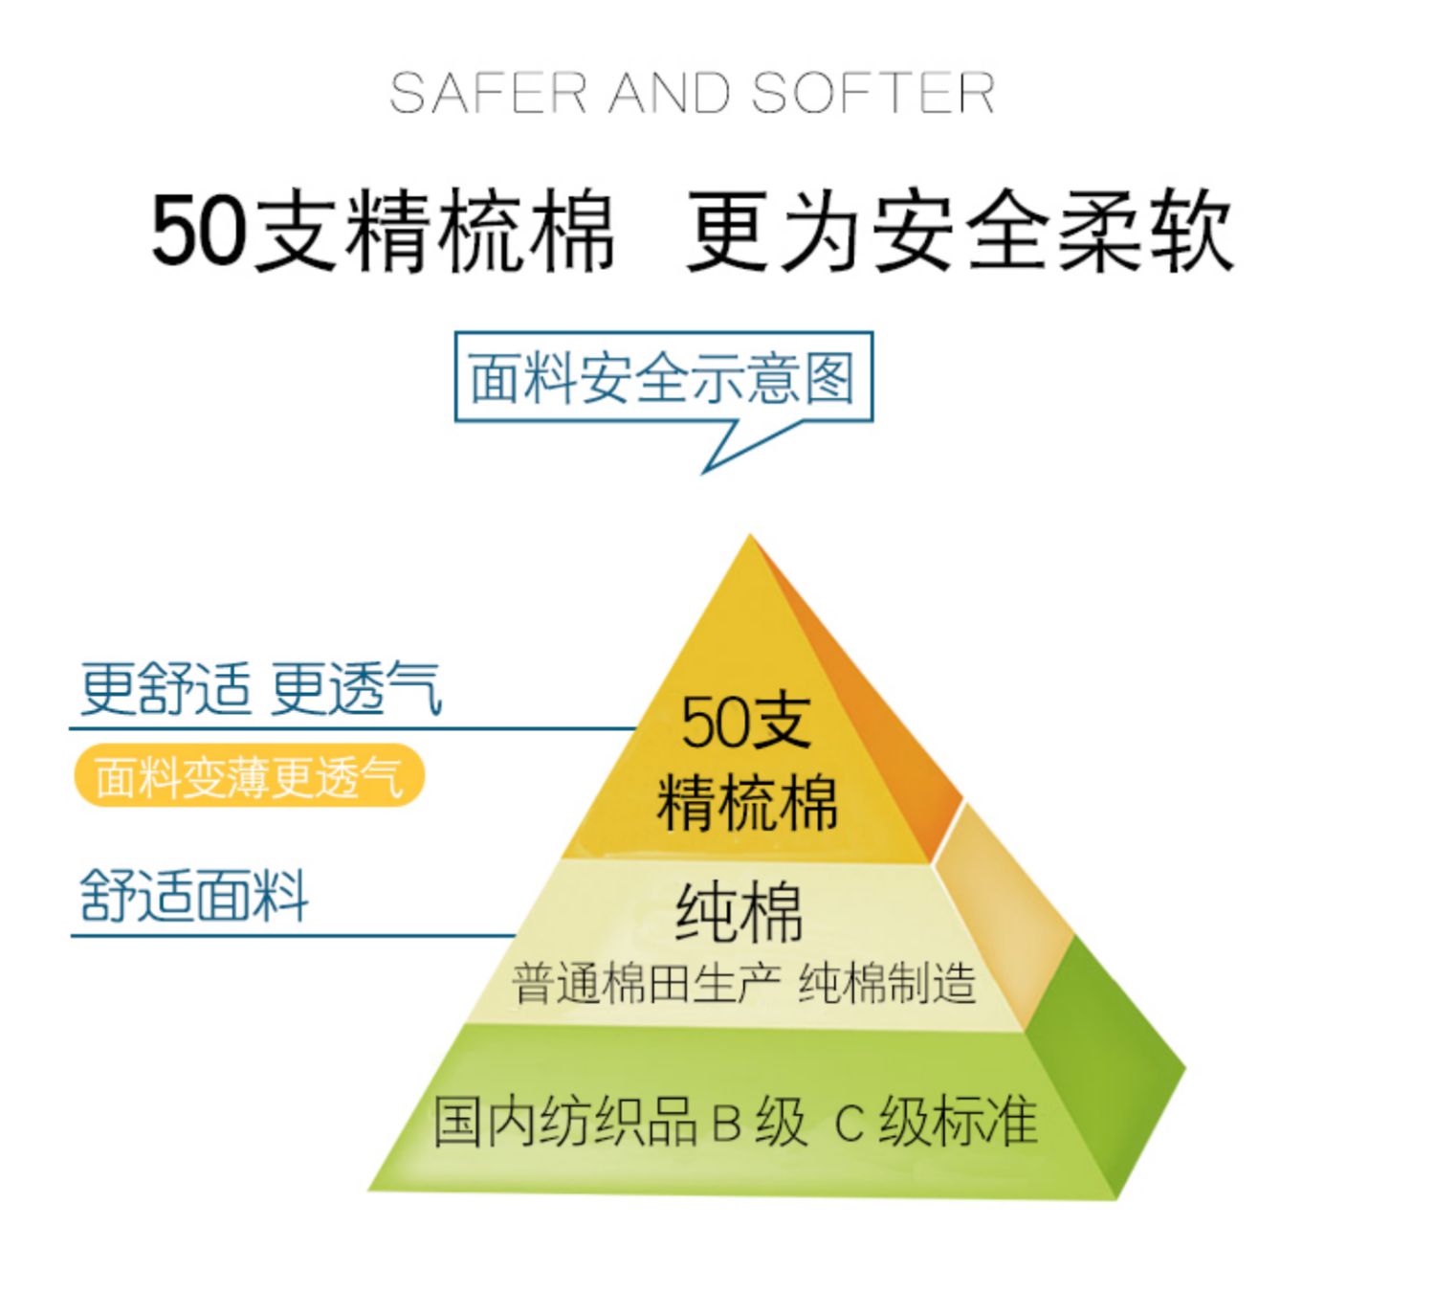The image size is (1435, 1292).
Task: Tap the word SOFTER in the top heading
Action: [x=872, y=94]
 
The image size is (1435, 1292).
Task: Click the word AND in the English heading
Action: [x=670, y=94]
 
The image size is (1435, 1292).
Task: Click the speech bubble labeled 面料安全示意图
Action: [x=663, y=377]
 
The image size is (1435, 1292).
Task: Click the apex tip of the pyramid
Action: [x=750, y=542]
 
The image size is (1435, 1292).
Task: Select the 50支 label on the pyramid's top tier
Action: [x=746, y=722]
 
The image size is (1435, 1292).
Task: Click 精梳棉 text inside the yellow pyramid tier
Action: [x=746, y=802]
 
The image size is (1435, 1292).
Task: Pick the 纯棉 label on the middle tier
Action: [x=739, y=911]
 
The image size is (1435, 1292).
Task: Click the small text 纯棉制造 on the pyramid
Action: [x=887, y=984]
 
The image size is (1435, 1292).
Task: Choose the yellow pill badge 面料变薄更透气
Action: [x=249, y=776]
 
